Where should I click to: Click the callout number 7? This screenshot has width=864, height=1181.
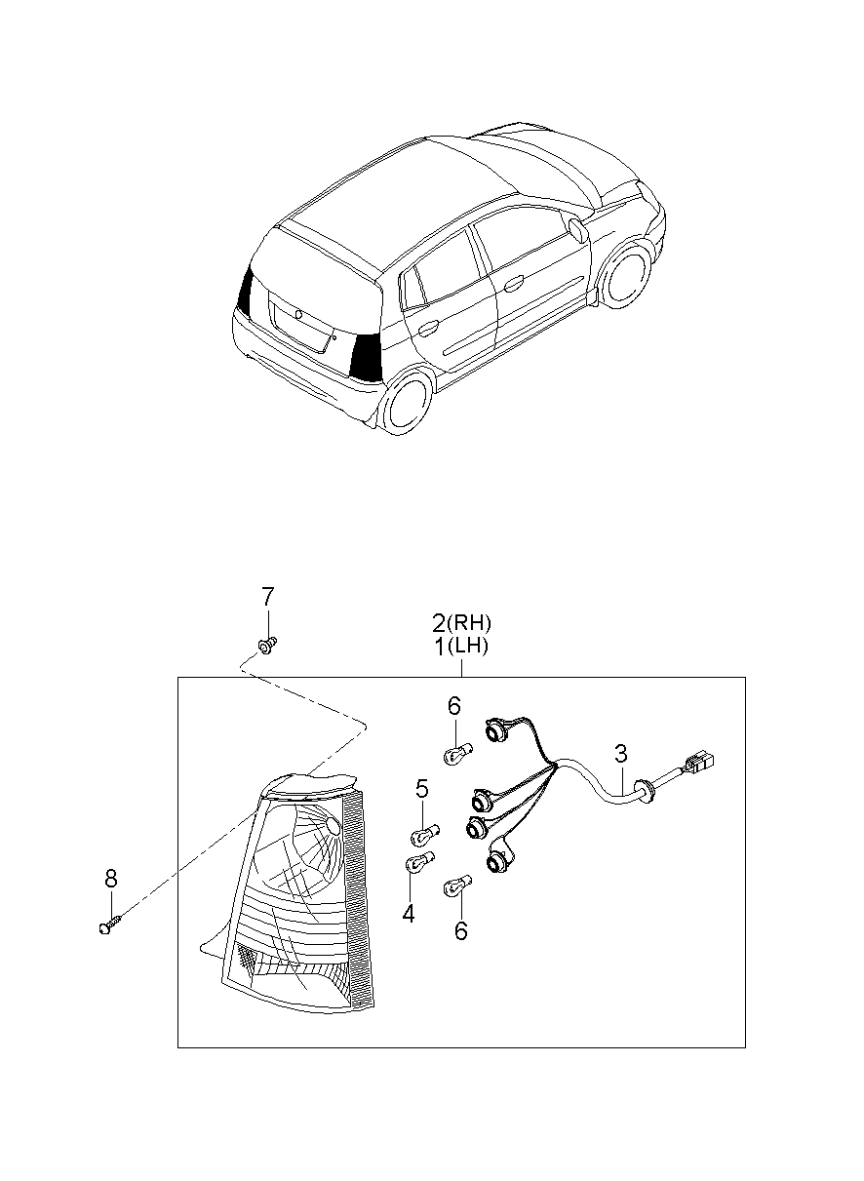[267, 596]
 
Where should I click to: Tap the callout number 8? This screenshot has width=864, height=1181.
[110, 879]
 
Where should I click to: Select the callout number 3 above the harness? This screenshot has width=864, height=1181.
[620, 753]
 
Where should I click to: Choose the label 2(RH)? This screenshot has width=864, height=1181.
[462, 622]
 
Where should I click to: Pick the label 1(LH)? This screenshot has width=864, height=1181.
[462, 646]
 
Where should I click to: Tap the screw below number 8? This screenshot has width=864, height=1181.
[110, 923]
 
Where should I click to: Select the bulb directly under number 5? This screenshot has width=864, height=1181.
[426, 834]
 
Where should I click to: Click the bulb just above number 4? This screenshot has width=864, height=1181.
[415, 864]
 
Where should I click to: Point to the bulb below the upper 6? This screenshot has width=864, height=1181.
[456, 753]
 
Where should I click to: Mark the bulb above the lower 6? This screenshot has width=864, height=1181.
[457, 887]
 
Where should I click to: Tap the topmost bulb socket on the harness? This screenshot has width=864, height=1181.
[497, 728]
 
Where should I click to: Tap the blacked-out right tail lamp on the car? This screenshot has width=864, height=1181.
[367, 357]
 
